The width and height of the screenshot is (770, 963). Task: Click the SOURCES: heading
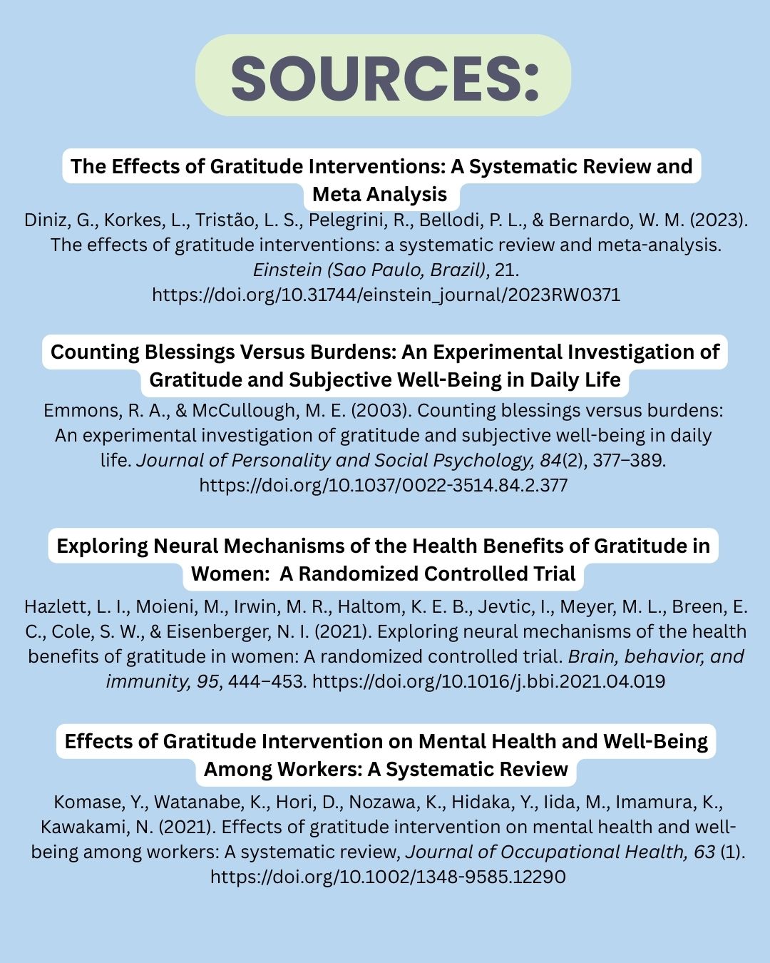[x=384, y=76]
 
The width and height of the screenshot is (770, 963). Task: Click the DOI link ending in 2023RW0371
[x=386, y=295]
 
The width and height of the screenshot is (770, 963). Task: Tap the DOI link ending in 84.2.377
[x=384, y=486]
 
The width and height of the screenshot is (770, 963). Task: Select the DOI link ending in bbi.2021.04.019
[x=488, y=681]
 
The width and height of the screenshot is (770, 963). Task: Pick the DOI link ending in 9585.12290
[x=388, y=877]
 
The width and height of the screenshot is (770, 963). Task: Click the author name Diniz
[x=48, y=220]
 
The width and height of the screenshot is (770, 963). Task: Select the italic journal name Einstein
[x=283, y=270]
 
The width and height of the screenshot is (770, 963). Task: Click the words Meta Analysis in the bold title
[x=380, y=195]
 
